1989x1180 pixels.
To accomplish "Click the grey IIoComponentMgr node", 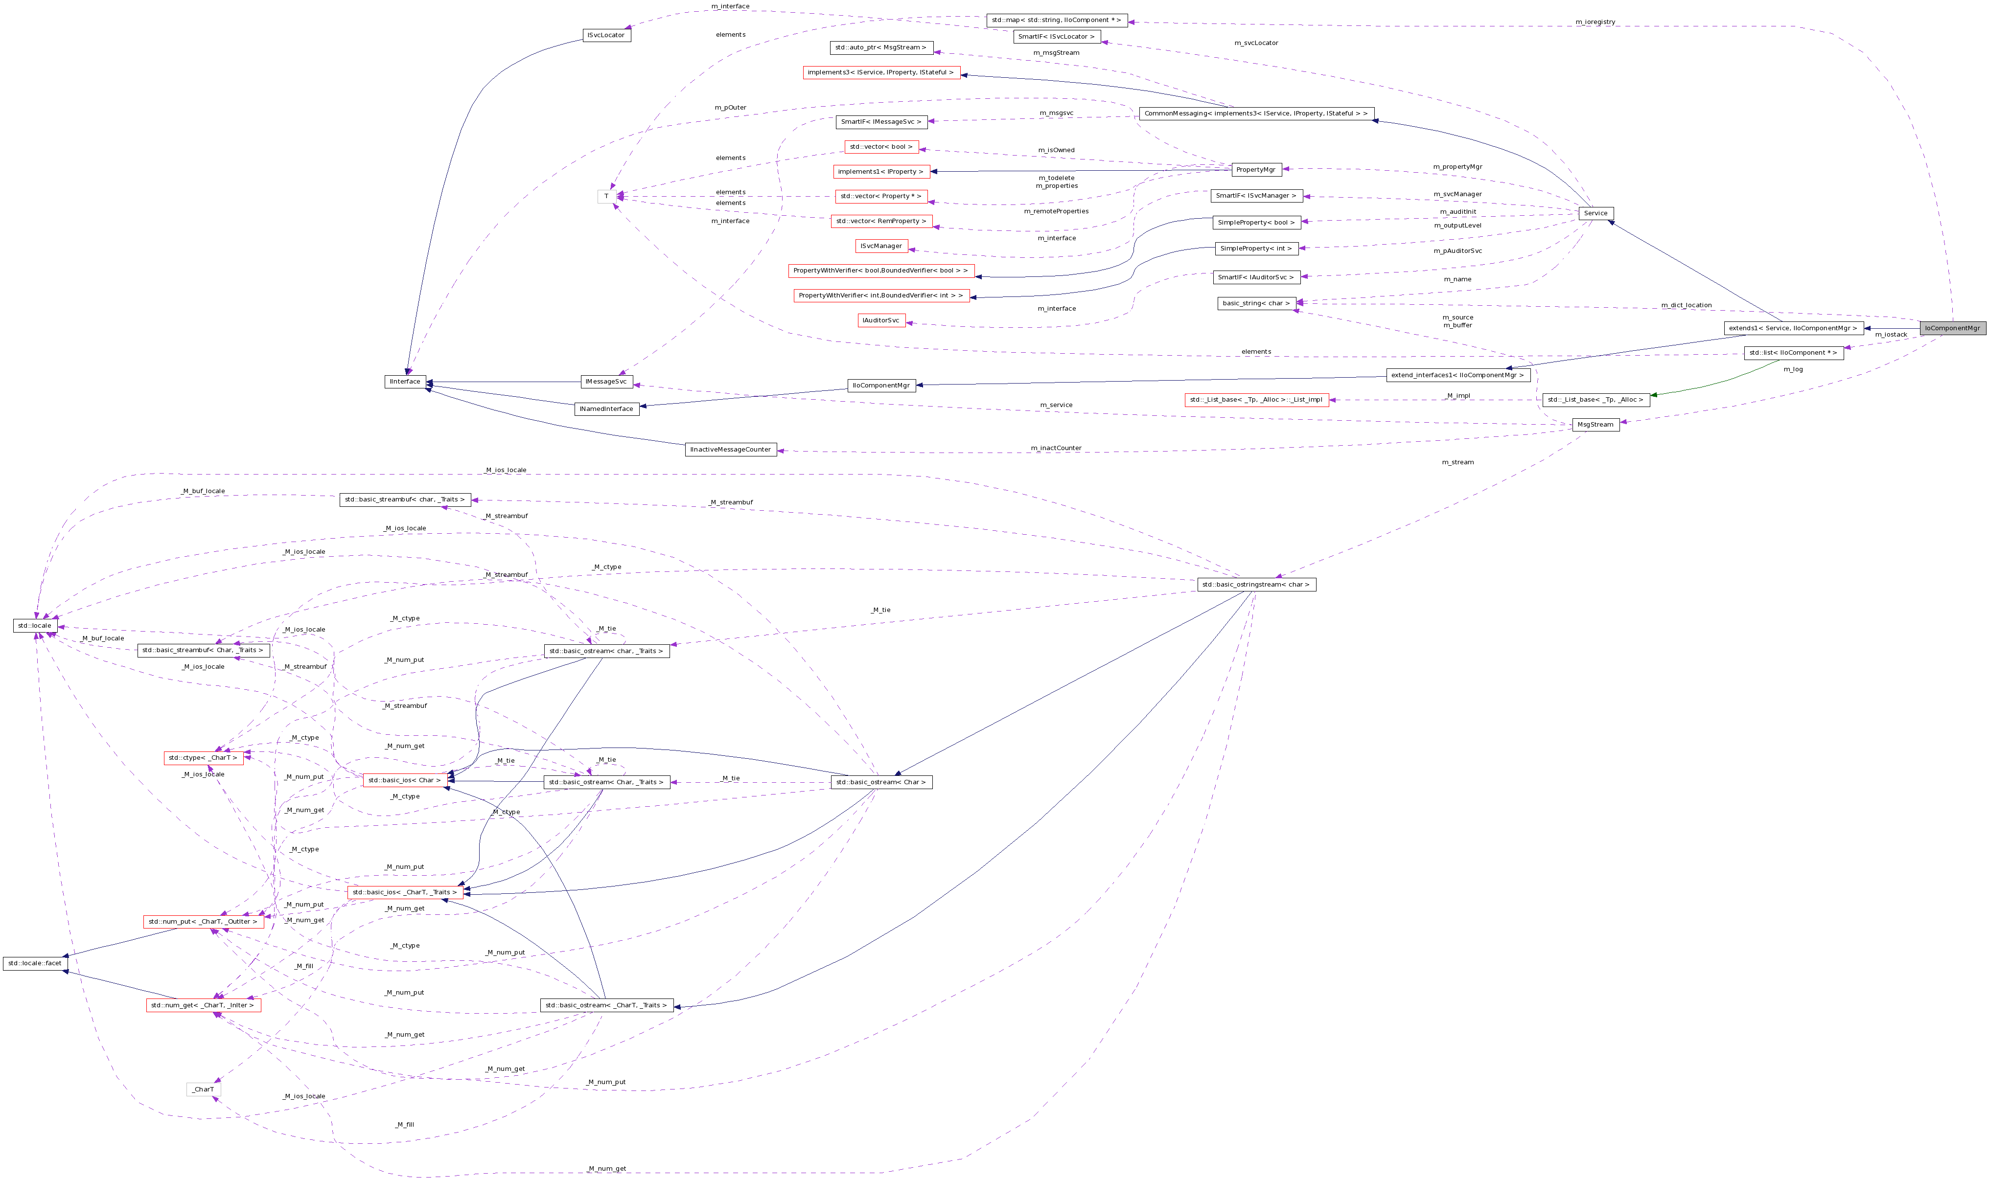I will tap(1952, 328).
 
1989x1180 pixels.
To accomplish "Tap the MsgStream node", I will tap(1596, 425).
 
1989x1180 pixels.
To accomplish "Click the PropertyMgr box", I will tap(1256, 169).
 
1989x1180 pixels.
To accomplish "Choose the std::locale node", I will tap(34, 626).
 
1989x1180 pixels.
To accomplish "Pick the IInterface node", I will tap(405, 382).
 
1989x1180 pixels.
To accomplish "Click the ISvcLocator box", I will tap(606, 35).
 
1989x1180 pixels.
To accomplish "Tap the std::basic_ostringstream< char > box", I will tap(1256, 585).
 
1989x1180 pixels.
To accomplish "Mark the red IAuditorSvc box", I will tap(881, 320).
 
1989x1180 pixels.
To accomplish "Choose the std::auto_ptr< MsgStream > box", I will tap(880, 48).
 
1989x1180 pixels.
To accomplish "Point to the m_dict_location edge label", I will tap(1686, 305).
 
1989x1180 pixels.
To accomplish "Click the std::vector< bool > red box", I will tap(880, 147).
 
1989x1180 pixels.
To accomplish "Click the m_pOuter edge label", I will tap(730, 107).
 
